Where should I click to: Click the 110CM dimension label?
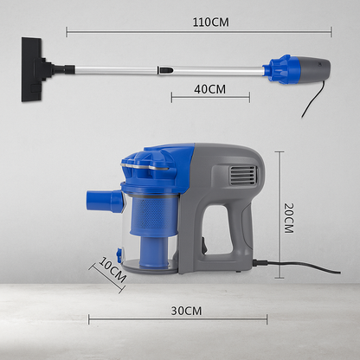[210, 22]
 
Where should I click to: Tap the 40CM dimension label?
[209, 89]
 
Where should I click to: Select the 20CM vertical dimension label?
[288, 218]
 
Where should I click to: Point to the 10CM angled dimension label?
[112, 270]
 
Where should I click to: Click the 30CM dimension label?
[186, 311]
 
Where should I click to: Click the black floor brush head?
[32, 69]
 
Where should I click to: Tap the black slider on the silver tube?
[165, 70]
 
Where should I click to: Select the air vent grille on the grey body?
[243, 176]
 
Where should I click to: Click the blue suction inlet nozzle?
[105, 201]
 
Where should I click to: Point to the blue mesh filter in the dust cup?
[152, 214]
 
